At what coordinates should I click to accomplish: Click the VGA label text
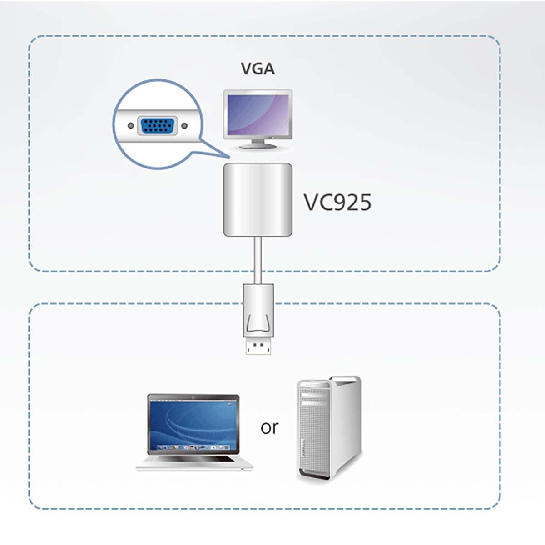click(x=258, y=69)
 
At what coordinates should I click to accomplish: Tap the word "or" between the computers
click(x=269, y=427)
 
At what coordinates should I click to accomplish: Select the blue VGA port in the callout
click(x=157, y=126)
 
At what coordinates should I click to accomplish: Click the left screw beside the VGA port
click(x=131, y=126)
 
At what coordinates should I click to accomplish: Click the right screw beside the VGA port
click(x=184, y=126)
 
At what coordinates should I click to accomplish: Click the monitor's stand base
click(x=258, y=146)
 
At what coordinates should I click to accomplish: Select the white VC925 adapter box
click(x=258, y=200)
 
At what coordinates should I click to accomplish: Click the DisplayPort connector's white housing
click(x=258, y=309)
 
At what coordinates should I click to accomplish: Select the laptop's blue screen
click(x=193, y=422)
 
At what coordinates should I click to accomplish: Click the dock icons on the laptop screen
click(x=193, y=447)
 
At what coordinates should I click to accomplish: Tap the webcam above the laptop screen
click(x=193, y=398)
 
